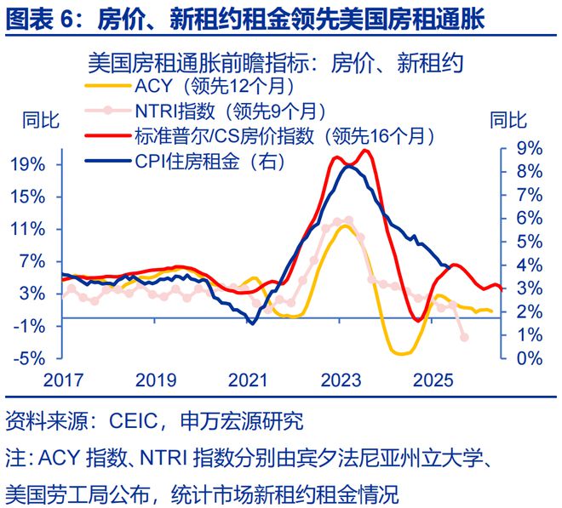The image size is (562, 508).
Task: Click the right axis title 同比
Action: click(x=508, y=120)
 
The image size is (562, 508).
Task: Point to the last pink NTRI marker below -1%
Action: click(x=464, y=337)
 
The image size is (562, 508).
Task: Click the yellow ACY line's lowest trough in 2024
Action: click(x=400, y=352)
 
